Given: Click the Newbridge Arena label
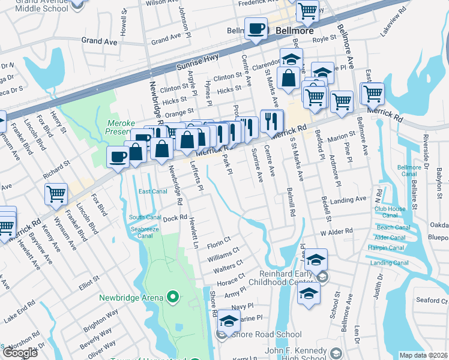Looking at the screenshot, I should click(x=131, y=298).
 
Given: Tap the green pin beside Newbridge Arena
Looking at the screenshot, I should click(x=173, y=297).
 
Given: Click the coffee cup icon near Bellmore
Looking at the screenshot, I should click(x=256, y=29).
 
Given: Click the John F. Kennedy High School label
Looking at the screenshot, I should click(x=296, y=355).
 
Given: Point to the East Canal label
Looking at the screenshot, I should click(x=152, y=191).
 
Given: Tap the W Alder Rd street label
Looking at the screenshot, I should click(x=336, y=232).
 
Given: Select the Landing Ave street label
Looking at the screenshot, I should click(x=348, y=199).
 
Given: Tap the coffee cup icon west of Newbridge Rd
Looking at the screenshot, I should click(x=118, y=157).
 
